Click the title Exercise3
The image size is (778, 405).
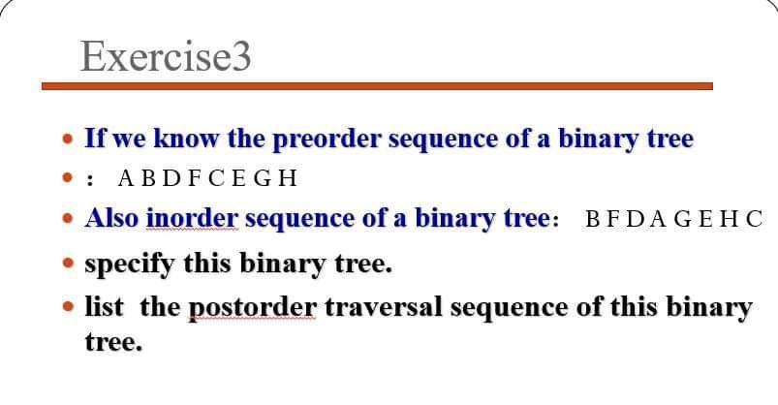coord(166,56)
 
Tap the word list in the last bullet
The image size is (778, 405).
coord(104,308)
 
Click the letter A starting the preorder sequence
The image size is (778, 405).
coord(125,178)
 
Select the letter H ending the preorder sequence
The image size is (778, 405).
coord(288,178)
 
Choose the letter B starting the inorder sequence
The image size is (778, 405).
coord(593,219)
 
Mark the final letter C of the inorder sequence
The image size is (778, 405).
coord(755,219)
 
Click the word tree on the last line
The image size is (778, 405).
coord(113,343)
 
